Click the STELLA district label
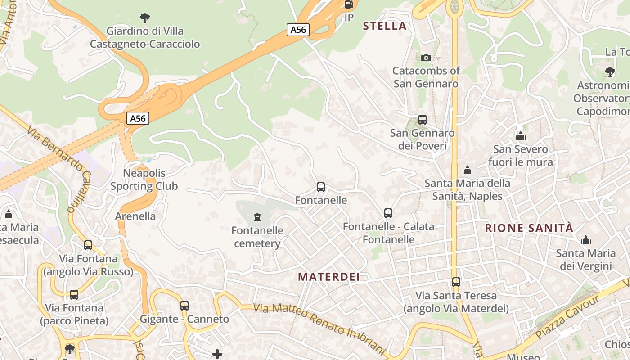[385, 26]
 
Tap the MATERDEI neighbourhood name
[329, 277]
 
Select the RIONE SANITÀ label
[529, 228]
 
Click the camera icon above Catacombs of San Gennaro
[426, 58]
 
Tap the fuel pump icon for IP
[349, 4]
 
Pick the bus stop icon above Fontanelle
[321, 187]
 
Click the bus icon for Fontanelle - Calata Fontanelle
[388, 213]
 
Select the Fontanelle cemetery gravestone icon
[257, 218]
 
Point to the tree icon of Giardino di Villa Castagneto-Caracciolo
[145, 18]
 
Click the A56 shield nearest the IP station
[298, 30]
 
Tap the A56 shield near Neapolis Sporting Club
[138, 118]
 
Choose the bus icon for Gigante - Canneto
[184, 306]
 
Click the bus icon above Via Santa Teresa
[456, 282]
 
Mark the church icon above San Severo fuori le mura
[521, 136]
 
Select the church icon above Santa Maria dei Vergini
[585, 240]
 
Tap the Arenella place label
[135, 216]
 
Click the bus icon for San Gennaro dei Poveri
[422, 120]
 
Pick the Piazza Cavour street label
[568, 318]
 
